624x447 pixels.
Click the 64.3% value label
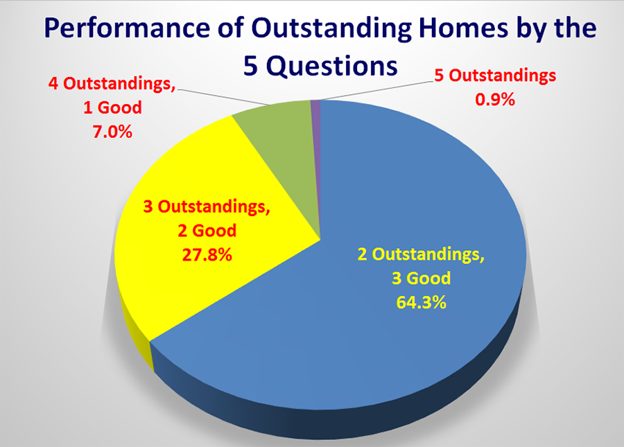pyautogui.click(x=420, y=304)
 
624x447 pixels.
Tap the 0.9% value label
pyautogui.click(x=494, y=99)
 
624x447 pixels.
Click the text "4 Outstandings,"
pyautogui.click(x=112, y=84)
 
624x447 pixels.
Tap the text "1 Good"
pyautogui.click(x=113, y=107)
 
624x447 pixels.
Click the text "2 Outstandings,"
pyautogui.click(x=420, y=254)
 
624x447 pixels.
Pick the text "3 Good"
pyautogui.click(x=420, y=279)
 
